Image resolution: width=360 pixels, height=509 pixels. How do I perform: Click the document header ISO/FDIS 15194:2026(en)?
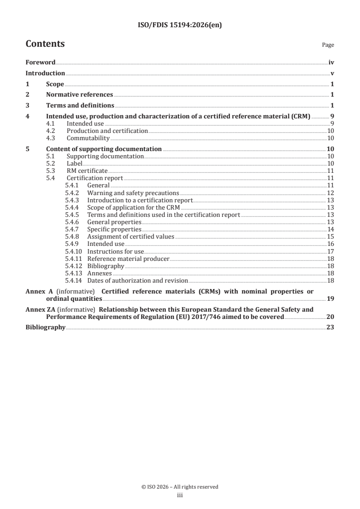(x=180, y=26)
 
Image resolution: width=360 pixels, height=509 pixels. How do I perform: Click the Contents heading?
(x=45, y=44)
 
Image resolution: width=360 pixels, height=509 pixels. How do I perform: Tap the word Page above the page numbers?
(x=328, y=45)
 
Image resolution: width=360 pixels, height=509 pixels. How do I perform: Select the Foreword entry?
(x=40, y=63)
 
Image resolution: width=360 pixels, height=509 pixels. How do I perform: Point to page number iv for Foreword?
(x=331, y=63)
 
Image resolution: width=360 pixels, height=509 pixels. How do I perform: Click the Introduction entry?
(x=45, y=73)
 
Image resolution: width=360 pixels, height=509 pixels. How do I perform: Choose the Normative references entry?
(x=79, y=95)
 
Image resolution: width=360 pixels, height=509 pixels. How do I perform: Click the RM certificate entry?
(x=87, y=171)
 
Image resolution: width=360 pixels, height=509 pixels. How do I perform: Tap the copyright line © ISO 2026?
(x=180, y=487)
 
